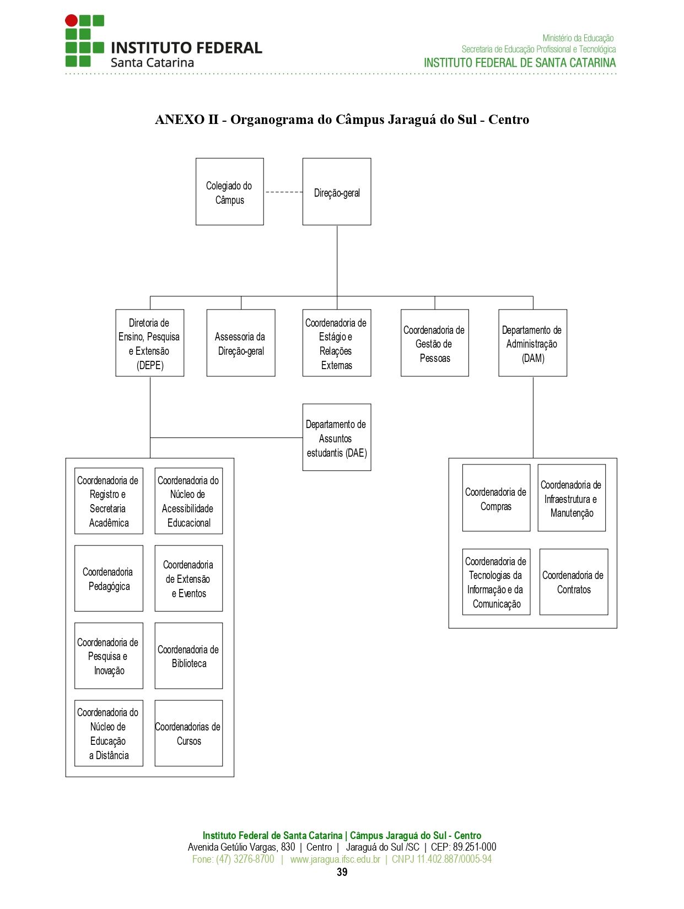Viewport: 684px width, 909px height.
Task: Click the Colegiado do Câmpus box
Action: pos(229,192)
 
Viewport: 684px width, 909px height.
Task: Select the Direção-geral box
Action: pos(337,192)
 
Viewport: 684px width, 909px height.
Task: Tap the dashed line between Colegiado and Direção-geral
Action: pos(284,192)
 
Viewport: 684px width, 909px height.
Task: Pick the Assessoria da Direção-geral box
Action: pos(241,343)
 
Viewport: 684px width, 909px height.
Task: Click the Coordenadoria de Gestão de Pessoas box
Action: pos(434,343)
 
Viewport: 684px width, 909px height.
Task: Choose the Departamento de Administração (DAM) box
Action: pos(533,343)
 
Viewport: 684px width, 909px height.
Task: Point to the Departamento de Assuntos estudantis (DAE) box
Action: pos(337,437)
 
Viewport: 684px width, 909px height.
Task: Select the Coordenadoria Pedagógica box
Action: pos(109,578)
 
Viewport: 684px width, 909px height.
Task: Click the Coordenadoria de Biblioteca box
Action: pos(188,656)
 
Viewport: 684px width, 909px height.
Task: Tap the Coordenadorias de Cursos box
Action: pos(188,733)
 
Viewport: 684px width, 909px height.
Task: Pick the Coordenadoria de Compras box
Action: pos(496,498)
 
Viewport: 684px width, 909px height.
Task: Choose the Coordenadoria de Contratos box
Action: pos(574,582)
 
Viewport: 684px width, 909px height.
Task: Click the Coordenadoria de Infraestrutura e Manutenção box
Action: pos(572,498)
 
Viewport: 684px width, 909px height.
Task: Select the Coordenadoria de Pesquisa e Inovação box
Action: pos(109,656)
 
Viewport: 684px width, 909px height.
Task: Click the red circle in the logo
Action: pos(71,21)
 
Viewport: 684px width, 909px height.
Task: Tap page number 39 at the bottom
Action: pos(342,872)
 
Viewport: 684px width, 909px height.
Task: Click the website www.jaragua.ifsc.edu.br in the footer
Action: pos(335,859)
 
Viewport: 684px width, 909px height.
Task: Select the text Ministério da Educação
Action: pos(578,38)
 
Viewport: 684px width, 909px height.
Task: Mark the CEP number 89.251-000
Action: pos(475,847)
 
